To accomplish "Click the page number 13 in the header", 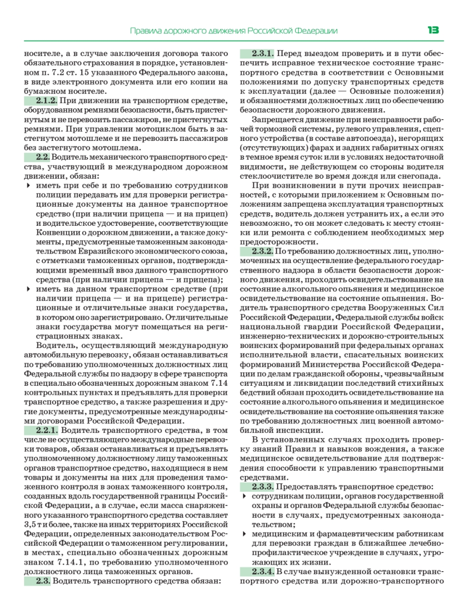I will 433,30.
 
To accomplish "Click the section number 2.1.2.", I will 40,100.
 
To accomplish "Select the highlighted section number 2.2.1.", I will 40,431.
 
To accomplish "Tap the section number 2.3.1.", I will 256,54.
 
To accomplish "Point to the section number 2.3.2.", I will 256,251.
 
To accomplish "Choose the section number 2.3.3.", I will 256,487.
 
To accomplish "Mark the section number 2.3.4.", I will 256,572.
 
